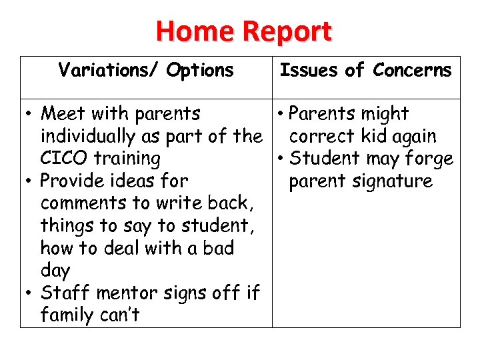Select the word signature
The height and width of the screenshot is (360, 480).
[394, 181]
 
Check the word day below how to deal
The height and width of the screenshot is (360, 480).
[55, 271]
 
